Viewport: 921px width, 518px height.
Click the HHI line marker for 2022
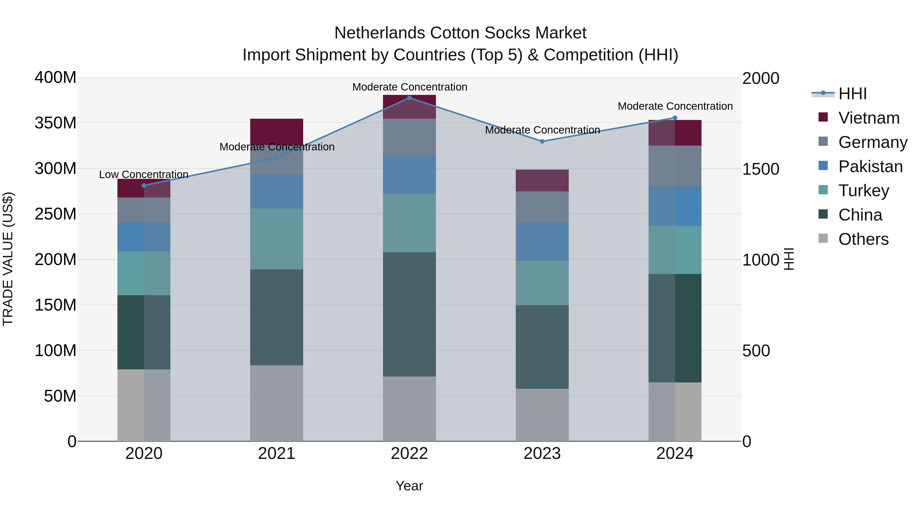409,98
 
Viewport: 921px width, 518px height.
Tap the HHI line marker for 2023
542,141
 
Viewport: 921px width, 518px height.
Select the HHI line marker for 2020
144,185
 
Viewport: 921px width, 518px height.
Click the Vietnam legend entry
869,118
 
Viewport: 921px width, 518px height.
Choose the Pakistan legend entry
870,167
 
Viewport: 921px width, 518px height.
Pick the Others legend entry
863,239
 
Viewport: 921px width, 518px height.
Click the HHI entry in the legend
852,94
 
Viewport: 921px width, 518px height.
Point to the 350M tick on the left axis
56,123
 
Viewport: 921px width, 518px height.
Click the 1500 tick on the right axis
761,169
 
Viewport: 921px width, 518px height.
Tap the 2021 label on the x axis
276,454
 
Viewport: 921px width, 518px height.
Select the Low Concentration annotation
144,174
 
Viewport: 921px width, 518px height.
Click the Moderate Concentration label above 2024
675,106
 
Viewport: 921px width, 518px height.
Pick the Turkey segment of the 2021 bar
276,239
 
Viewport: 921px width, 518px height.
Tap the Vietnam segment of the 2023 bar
542,181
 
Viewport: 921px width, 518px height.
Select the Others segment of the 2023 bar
542,415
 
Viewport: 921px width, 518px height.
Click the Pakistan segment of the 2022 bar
409,174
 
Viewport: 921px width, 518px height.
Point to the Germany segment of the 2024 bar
675,166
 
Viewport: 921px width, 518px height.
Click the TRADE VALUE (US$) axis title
8,259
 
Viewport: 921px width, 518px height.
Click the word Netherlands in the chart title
380,33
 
